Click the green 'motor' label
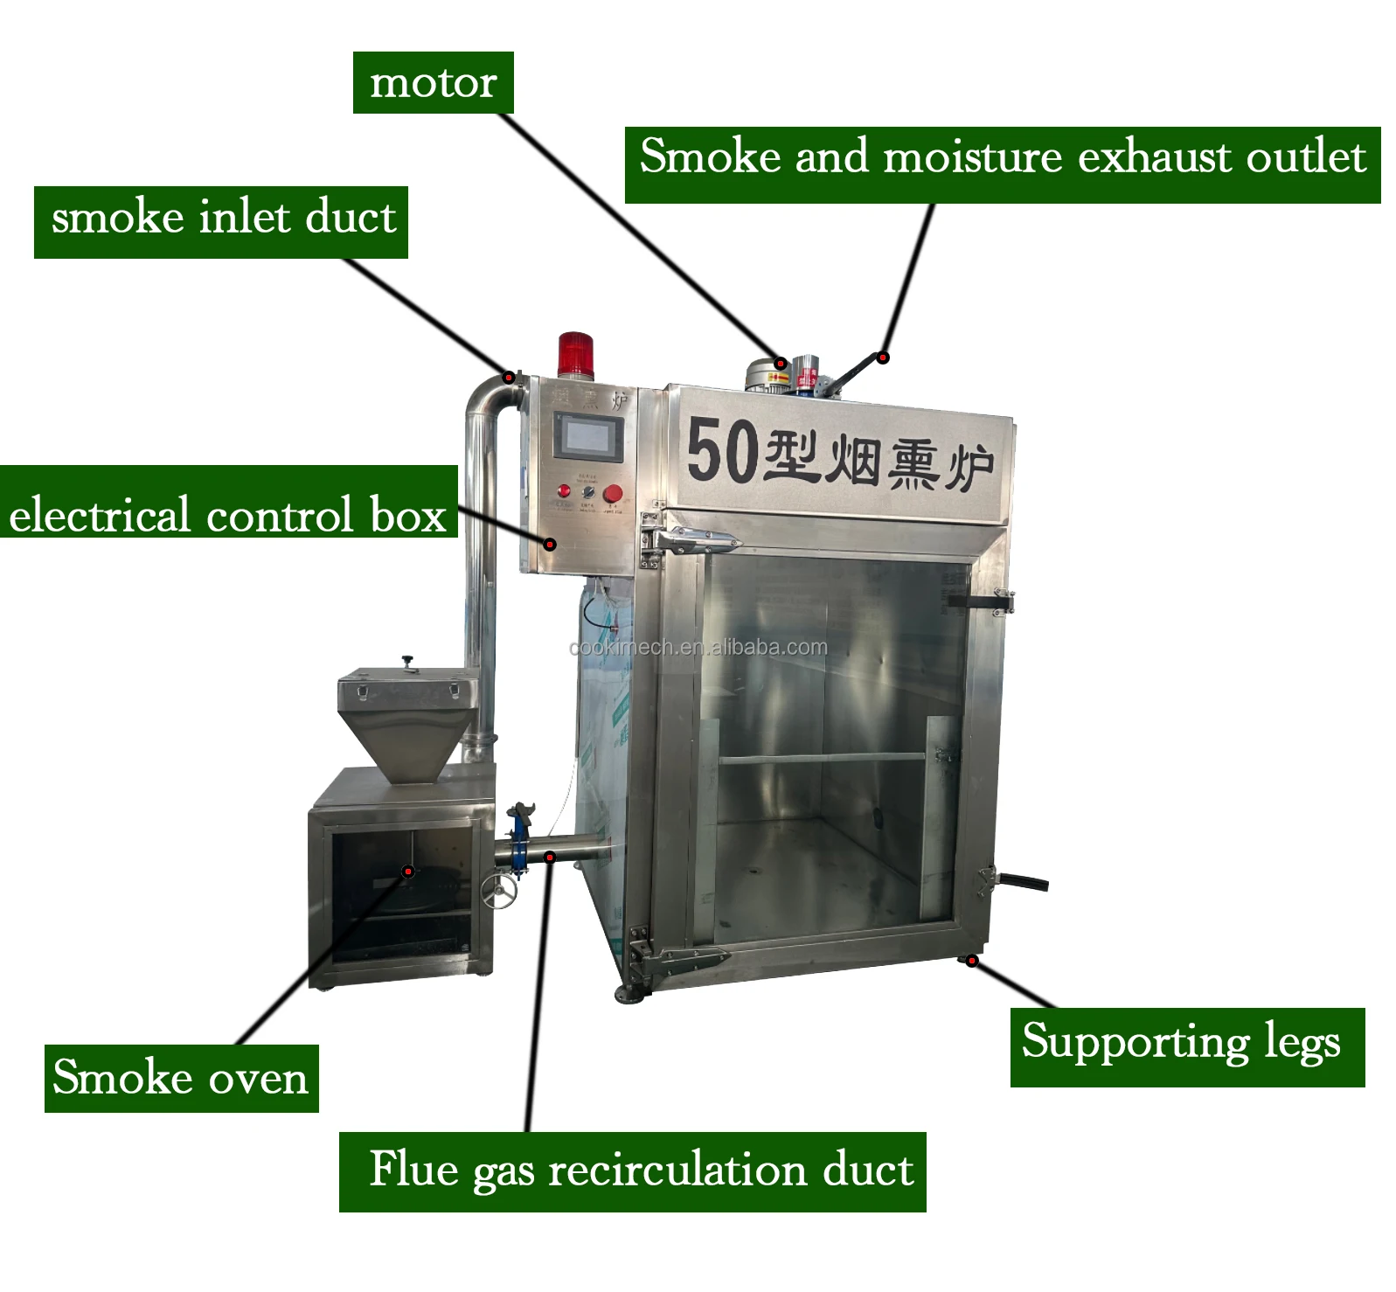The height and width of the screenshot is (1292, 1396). point(433,83)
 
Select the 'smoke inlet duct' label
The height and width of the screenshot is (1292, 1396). point(221,221)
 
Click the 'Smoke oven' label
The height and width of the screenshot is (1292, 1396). point(181,1078)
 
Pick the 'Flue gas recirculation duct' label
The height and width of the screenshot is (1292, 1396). point(632,1171)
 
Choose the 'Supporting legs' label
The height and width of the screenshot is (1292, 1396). point(1186,1046)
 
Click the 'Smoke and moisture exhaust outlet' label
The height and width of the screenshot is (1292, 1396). point(1002,164)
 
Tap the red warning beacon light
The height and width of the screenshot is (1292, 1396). point(576,354)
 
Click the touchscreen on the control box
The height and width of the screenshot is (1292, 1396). point(589,437)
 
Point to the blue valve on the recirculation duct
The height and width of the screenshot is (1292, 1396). point(520,839)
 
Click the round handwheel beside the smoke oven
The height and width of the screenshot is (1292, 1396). point(498,891)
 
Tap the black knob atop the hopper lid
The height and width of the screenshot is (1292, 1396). point(406,663)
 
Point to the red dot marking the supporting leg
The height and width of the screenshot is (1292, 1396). point(972,962)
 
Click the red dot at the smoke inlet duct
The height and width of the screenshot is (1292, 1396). point(508,378)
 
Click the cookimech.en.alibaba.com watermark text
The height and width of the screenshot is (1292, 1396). point(698,648)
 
